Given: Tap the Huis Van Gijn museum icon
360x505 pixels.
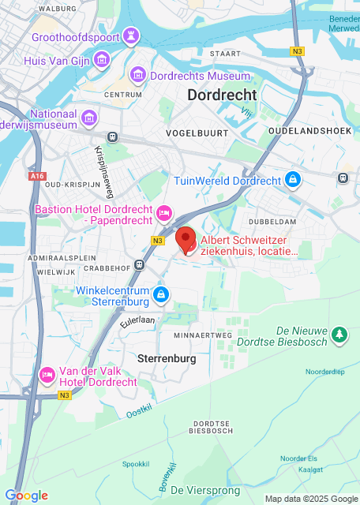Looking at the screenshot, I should point(101,59).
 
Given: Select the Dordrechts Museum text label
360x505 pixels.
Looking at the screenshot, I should point(201,77).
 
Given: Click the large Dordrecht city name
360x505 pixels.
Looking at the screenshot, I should point(222,95).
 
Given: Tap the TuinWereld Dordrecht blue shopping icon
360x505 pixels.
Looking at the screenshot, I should point(293,180).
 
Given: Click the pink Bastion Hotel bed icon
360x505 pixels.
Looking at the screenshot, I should point(164,211).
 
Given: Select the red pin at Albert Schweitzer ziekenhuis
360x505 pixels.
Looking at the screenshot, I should point(185,239).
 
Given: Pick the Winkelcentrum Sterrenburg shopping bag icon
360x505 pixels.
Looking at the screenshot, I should point(161,295).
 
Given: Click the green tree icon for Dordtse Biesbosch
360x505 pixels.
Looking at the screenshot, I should point(339,335).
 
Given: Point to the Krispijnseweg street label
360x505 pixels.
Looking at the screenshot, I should point(101,170).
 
